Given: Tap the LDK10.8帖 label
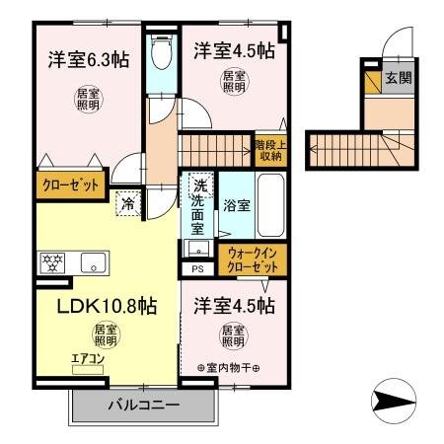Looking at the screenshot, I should (98, 306).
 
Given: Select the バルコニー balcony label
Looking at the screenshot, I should (142, 406).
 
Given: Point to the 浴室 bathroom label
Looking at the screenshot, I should (236, 207).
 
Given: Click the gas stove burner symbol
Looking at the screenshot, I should (52, 262).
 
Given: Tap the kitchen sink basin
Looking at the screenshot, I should (95, 262).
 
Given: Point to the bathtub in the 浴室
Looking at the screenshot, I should (269, 207).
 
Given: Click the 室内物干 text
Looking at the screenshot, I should (228, 369).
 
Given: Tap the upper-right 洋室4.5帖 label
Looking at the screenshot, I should (233, 50).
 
